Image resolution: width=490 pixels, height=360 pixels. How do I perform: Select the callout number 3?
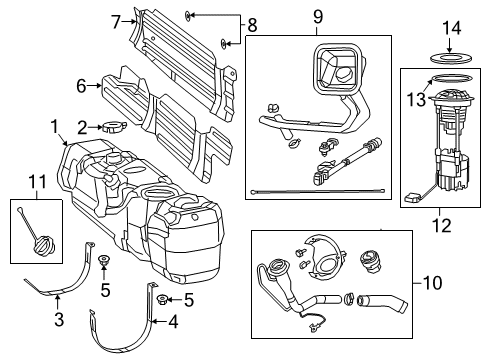[57, 320]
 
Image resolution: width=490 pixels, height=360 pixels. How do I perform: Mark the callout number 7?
[115, 20]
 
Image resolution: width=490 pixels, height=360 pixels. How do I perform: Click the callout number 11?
[39, 181]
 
